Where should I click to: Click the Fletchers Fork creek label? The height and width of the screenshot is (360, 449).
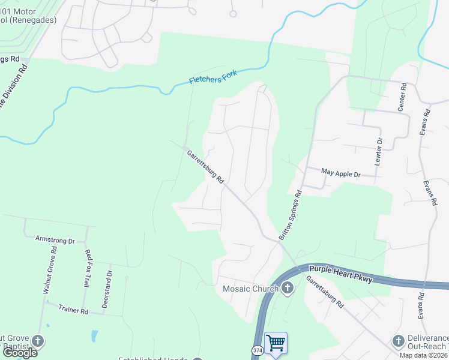click(x=213, y=77)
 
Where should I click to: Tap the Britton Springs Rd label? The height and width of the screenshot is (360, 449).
click(x=291, y=215)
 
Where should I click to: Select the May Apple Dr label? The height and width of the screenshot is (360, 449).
click(x=340, y=173)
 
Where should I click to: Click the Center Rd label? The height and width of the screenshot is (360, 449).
click(x=402, y=97)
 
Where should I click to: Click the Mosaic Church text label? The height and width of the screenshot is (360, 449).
click(x=250, y=289)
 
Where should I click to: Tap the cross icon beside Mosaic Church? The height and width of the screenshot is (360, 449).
click(x=288, y=289)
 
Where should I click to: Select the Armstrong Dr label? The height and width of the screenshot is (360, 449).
click(x=55, y=240)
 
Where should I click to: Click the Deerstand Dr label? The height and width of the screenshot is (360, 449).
click(x=107, y=289)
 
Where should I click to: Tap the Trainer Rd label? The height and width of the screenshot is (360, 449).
click(x=73, y=310)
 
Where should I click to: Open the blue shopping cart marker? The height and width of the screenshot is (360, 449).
click(x=276, y=343)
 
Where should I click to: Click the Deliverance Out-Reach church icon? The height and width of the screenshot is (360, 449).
click(x=398, y=341)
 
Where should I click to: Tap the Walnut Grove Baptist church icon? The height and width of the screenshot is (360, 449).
click(x=38, y=341)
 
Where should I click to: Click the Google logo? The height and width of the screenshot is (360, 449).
click(x=20, y=352)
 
